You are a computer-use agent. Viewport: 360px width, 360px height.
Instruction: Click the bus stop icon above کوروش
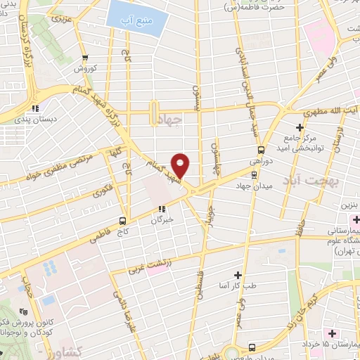pyautogui.click(x=85, y=58)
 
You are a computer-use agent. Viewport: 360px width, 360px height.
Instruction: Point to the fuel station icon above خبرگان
pyautogui.click(x=162, y=208)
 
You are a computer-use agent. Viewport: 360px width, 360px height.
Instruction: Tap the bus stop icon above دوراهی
pyautogui.click(x=261, y=150)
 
